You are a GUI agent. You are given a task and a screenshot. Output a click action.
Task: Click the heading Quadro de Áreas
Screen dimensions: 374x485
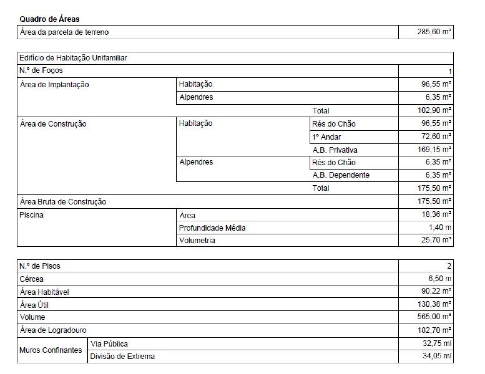coord(50,19)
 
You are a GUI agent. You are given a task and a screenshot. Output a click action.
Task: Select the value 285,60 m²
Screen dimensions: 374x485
coord(434,32)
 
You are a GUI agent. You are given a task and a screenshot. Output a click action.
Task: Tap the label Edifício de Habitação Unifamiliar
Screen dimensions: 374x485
coord(73,58)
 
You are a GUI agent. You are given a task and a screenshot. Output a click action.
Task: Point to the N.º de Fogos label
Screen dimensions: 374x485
coord(41,70)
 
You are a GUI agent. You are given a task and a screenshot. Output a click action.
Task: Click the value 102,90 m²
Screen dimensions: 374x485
coord(434,110)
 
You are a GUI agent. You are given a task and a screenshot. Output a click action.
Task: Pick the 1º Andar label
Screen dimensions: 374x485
coord(326,137)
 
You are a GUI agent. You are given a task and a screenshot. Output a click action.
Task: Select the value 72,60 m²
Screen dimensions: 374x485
coord(436,136)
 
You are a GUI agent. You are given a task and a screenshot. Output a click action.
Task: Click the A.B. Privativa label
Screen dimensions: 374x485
coord(335,150)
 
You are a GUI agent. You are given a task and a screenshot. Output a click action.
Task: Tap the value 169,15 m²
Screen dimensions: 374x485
coord(434,150)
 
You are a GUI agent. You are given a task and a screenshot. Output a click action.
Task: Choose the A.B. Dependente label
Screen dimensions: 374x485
coord(341,175)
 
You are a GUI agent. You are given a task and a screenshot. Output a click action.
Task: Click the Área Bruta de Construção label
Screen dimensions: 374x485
coord(63,202)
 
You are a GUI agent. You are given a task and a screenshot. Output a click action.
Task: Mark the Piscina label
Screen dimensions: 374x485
coord(32,215)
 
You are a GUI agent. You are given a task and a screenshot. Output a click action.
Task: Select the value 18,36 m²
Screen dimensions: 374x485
coord(436,214)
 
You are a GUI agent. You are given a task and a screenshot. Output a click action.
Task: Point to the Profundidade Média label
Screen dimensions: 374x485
coord(212,228)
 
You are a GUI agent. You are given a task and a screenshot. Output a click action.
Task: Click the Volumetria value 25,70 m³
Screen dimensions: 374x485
coord(436,240)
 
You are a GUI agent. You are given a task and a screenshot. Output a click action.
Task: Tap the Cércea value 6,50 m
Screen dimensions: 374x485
coord(440,278)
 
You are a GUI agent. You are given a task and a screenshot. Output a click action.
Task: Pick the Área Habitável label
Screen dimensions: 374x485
coord(44,292)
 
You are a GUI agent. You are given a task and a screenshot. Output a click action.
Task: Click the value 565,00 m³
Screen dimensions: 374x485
coord(434,317)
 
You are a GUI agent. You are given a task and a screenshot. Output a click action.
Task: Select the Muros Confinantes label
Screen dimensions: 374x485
coord(51,350)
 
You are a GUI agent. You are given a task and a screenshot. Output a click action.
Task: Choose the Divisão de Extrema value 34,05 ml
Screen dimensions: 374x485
coord(437,356)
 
